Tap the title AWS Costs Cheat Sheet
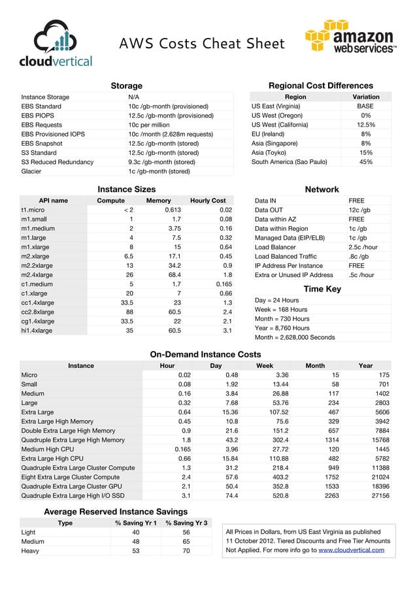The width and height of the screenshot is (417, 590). tap(201, 44)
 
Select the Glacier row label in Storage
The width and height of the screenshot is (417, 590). tap(32, 171)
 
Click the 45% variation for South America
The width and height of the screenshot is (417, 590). tap(365, 162)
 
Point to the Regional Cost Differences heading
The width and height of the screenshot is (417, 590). tap(321, 86)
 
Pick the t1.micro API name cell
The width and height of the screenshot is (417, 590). tap(33, 210)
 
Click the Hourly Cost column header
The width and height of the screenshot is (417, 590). tap(207, 201)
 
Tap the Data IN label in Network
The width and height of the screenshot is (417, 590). tap(265, 201)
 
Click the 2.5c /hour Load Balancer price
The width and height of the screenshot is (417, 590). tap(363, 248)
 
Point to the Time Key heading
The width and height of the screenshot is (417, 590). tap(322, 289)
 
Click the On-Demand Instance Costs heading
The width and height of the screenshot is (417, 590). tap(206, 354)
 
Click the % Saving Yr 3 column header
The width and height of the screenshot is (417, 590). tap(186, 523)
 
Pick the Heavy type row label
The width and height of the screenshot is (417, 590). tap(31, 551)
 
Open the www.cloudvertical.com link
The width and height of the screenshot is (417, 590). tap(351, 550)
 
